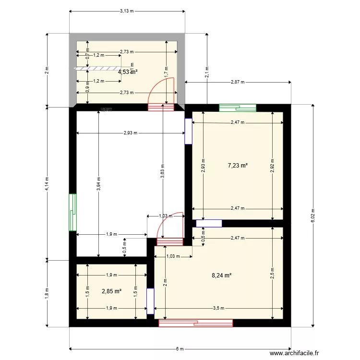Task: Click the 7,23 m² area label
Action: click(x=238, y=166)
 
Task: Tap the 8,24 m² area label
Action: click(x=222, y=276)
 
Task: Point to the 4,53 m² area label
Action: click(x=128, y=72)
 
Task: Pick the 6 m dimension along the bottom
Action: click(x=180, y=349)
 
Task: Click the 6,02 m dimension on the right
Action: click(x=312, y=216)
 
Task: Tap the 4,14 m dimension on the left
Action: click(x=47, y=183)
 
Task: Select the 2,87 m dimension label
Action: click(x=238, y=82)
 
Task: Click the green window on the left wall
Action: click(x=72, y=212)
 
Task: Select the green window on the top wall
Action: click(x=238, y=108)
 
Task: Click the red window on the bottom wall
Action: click(x=196, y=323)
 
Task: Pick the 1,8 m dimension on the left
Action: click(x=47, y=293)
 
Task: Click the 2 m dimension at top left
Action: click(x=47, y=70)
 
